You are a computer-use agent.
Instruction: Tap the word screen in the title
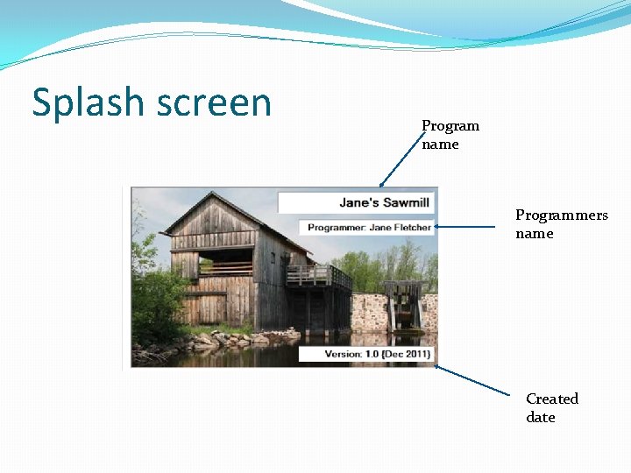click(214, 103)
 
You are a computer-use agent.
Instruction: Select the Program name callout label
click(450, 135)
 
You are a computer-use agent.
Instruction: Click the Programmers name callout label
click(561, 224)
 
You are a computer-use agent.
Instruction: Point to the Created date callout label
click(551, 407)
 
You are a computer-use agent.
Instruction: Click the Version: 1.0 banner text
click(344, 354)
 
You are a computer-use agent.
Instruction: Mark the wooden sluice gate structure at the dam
click(402, 302)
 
